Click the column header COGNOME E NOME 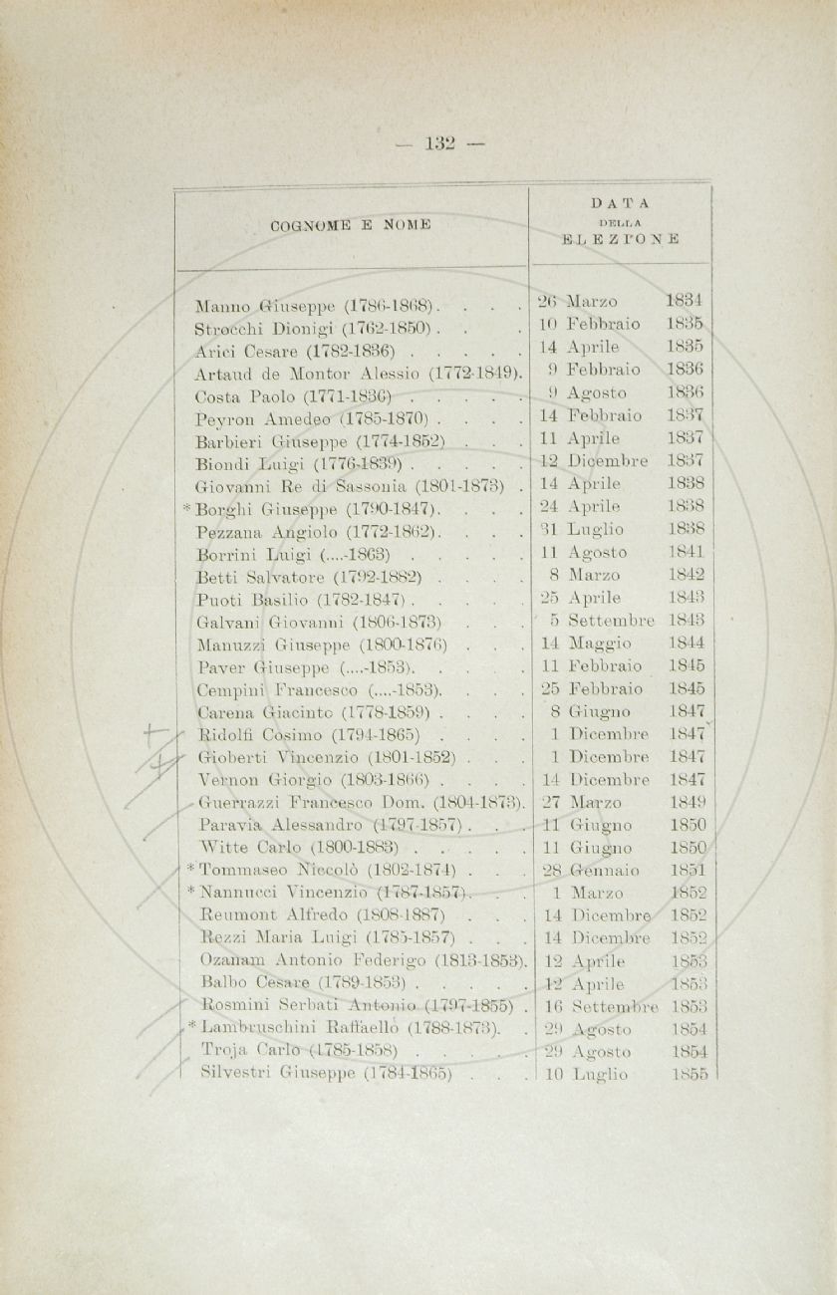[x=350, y=224]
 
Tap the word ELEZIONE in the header [x=621, y=239]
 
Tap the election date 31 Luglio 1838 [x=622, y=530]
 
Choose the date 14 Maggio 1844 [x=622, y=644]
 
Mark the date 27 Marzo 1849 [x=622, y=802]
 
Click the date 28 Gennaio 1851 [x=622, y=871]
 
